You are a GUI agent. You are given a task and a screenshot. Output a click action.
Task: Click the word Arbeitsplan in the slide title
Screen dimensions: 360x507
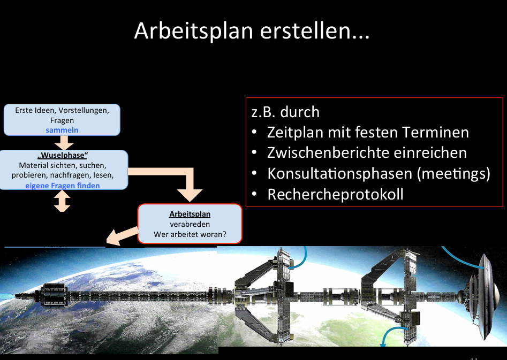click(193, 31)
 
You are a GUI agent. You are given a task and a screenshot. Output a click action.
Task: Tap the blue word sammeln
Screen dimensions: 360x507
click(62, 130)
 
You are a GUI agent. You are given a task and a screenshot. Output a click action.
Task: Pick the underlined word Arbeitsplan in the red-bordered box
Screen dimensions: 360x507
click(190, 214)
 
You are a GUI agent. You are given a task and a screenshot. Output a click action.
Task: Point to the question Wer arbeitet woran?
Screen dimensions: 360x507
click(190, 234)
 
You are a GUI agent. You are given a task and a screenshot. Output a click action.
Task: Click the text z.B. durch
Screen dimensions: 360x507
click(285, 112)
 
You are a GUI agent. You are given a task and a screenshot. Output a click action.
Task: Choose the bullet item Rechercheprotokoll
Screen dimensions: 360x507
click(335, 194)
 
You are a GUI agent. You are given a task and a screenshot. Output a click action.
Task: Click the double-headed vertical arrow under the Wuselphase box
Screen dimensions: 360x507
click(63, 201)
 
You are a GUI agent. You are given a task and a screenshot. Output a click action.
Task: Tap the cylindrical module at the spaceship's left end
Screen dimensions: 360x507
click(52, 295)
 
